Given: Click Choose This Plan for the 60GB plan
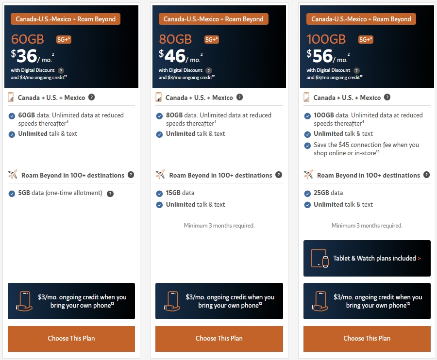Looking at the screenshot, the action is tap(71, 339).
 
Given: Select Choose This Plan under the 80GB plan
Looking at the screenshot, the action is tap(219, 339).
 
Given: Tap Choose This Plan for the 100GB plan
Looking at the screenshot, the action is tap(367, 339).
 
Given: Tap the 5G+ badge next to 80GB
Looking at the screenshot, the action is tap(212, 39).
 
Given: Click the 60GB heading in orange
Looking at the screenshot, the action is tap(28, 39).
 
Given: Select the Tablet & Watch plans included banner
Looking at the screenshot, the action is tap(367, 259).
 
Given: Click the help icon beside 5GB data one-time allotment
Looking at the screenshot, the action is tap(110, 194).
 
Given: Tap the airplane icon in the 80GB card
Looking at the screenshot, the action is tap(160, 175).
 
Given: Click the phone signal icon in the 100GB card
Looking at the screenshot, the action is tap(306, 97).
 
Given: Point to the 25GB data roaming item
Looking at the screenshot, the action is tap(328, 193).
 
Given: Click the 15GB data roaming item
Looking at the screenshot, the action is tap(180, 193).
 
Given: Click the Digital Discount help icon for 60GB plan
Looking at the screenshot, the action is tap(61, 70).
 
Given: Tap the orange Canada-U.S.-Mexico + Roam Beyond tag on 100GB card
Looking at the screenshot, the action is tap(361, 19).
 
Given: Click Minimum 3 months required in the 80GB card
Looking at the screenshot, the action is tap(219, 226).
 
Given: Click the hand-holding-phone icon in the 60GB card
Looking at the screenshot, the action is tap(24, 301).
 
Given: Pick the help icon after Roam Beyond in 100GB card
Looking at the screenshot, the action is tap(426, 175).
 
